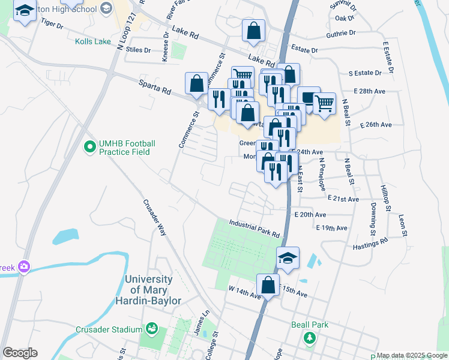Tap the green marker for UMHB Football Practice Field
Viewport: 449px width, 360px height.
tap(90, 146)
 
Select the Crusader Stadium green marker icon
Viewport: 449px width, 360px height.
tap(151, 329)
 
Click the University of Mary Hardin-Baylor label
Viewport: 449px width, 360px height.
tap(152, 290)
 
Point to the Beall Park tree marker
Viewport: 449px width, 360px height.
tap(310, 337)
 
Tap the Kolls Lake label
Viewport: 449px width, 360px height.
tap(94, 42)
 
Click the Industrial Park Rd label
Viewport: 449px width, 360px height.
tap(255, 228)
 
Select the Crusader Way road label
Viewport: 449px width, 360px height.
tap(154, 217)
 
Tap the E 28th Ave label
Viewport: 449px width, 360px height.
tap(370, 91)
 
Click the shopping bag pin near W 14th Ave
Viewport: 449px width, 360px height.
tap(268, 285)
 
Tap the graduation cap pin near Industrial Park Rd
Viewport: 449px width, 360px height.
tap(288, 257)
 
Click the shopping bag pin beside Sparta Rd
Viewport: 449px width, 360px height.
tap(196, 84)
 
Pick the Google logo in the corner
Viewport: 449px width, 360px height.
tap(20, 353)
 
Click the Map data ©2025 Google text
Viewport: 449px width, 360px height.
tap(412, 356)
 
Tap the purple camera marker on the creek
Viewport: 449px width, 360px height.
tap(24, 266)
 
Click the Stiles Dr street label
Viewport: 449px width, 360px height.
tap(139, 50)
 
